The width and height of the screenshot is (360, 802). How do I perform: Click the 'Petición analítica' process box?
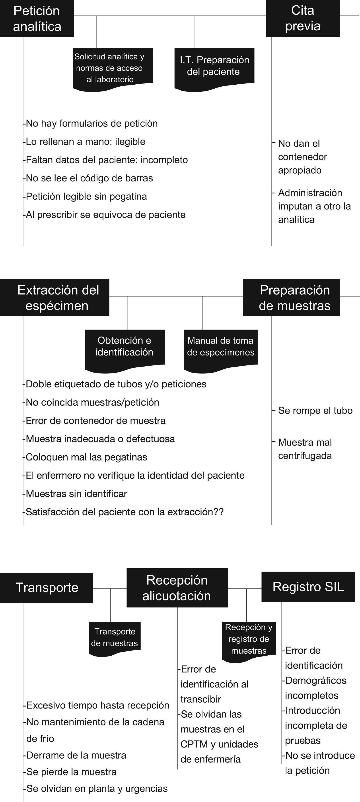click(37, 19)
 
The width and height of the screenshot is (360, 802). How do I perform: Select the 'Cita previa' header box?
click(303, 19)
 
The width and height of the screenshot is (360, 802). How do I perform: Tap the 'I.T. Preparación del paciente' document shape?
click(214, 67)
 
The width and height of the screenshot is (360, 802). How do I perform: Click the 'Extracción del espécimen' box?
click(54, 298)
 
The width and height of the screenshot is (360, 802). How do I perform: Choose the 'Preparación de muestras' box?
click(291, 298)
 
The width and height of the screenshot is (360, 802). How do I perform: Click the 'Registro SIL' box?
click(308, 587)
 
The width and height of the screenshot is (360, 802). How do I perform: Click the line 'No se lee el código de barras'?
click(89, 178)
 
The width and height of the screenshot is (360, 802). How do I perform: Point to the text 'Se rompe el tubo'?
click(315, 411)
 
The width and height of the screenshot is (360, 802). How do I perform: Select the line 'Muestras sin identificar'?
click(76, 493)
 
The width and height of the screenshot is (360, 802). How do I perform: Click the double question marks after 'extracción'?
click(219, 512)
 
